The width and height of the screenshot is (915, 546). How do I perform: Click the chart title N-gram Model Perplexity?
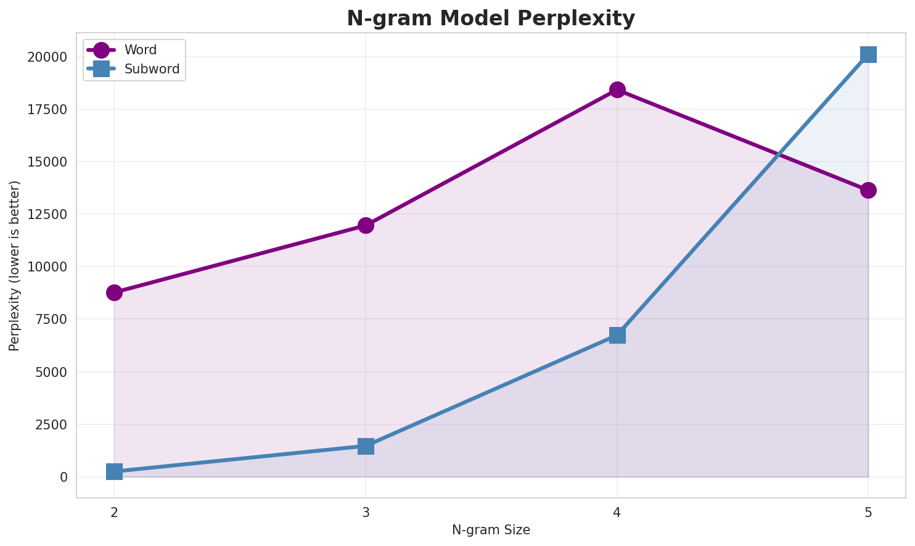point(490,18)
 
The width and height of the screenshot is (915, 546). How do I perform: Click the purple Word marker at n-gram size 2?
point(114,292)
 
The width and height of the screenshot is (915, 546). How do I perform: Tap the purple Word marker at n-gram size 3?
point(366,225)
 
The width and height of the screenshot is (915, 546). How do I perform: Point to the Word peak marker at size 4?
point(617,89)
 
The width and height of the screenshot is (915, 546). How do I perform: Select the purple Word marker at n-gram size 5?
point(868,190)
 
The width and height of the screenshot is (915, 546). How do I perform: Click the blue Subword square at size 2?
point(114,472)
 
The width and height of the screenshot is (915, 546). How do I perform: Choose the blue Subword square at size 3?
point(366,446)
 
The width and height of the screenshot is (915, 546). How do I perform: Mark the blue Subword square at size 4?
point(617,335)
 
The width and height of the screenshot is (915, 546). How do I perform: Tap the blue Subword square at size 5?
point(868,54)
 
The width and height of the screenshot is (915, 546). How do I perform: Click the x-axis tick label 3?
point(366,512)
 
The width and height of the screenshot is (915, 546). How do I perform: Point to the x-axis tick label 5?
point(868,512)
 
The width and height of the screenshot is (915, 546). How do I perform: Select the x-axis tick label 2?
point(114,512)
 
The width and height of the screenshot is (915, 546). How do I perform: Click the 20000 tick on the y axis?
point(47,57)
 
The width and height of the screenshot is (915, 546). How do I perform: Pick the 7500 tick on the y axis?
point(51,320)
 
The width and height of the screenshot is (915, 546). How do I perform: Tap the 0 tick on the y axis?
point(64,477)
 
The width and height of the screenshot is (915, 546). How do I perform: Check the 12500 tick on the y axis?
point(47,215)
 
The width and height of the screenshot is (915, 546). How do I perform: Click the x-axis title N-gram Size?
point(491,530)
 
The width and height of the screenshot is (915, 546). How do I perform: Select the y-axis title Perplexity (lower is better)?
point(15,266)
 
